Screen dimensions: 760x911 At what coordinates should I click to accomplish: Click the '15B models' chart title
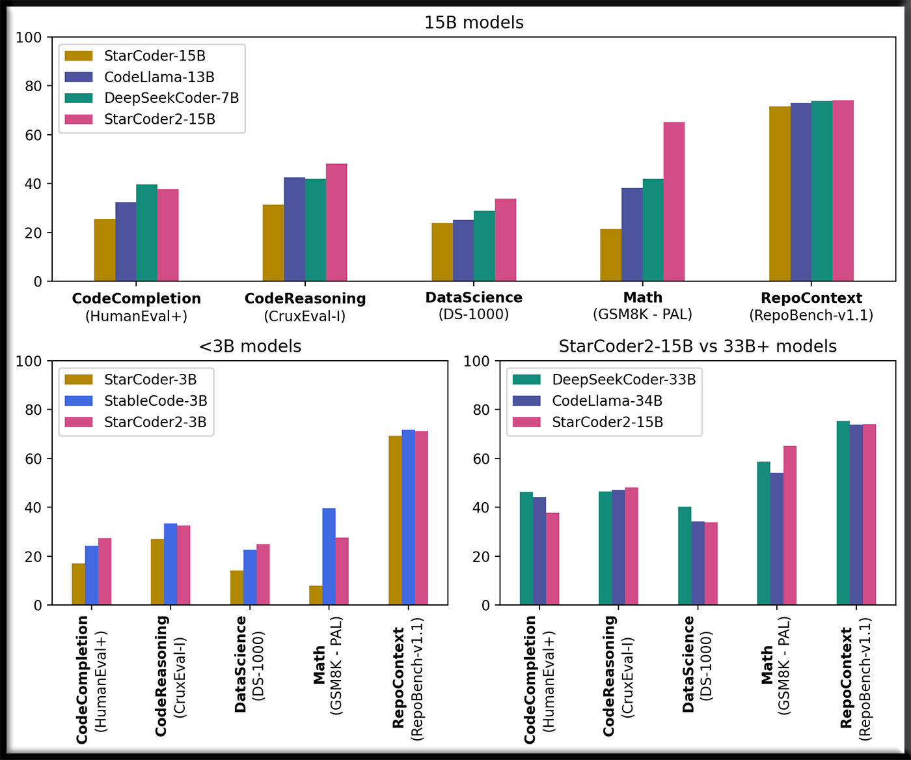click(x=474, y=23)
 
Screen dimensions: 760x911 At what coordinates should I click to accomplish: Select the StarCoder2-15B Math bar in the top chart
click(x=674, y=202)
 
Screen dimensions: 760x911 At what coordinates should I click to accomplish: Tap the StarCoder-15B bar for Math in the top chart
click(x=611, y=255)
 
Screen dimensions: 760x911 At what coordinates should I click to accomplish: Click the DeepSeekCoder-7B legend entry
click(x=171, y=98)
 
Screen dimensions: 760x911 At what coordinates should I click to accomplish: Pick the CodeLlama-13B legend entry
click(x=159, y=77)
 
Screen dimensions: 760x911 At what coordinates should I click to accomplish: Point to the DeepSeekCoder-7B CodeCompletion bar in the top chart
click(x=147, y=233)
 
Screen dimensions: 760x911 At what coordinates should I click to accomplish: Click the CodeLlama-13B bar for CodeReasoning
click(x=294, y=229)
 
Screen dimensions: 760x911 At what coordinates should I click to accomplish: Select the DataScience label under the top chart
click(x=474, y=298)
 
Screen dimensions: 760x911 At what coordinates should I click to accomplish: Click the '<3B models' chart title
click(x=251, y=346)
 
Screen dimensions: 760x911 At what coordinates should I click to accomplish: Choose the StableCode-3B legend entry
click(x=155, y=401)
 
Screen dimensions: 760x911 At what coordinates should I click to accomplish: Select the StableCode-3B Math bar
click(x=329, y=557)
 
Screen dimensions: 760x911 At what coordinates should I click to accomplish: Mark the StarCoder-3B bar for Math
click(x=316, y=595)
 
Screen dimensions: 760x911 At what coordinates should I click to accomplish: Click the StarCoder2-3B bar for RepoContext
click(x=422, y=518)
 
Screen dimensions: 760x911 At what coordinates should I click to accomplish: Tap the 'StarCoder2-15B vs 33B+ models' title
click(x=698, y=346)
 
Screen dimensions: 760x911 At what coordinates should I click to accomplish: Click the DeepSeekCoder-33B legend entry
click(x=623, y=380)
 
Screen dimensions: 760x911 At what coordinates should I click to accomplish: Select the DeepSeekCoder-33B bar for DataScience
click(x=685, y=556)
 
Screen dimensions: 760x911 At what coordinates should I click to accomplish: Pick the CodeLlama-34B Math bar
click(x=777, y=539)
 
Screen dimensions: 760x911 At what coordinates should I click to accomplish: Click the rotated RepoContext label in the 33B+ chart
click(x=847, y=677)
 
